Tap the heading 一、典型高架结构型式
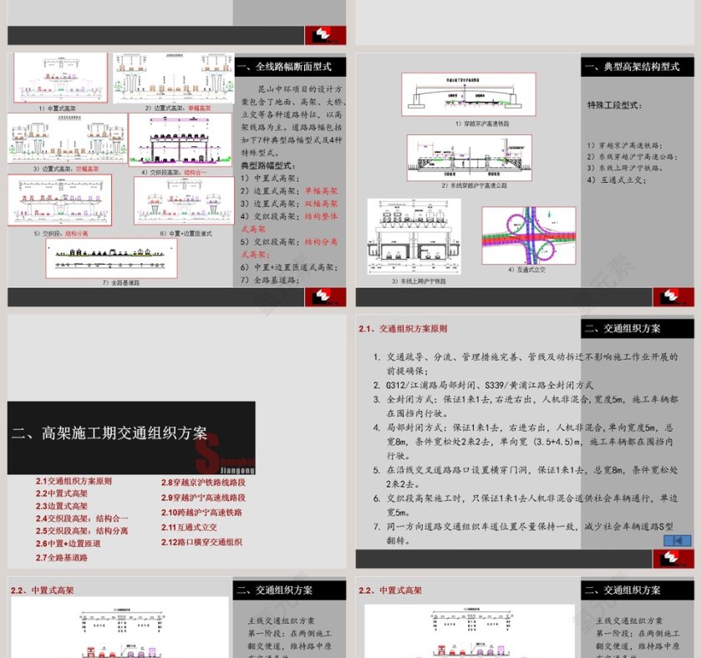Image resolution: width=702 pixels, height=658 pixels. click(632, 67)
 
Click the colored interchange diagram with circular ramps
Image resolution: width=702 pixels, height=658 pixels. click(528, 235)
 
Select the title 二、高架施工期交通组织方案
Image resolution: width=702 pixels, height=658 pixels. click(109, 433)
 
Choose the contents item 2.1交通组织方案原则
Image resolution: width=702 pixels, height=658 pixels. click(74, 481)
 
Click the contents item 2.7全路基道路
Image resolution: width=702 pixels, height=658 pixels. click(61, 557)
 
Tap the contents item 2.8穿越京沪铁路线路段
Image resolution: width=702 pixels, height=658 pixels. click(203, 483)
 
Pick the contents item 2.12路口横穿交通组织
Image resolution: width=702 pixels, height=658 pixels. click(201, 542)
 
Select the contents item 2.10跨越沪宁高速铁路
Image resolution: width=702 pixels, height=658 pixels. click(201, 513)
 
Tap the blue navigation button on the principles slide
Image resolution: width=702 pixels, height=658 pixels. click(677, 540)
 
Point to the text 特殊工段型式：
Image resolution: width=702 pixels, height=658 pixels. click(614, 106)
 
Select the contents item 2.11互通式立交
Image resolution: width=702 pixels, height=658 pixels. click(189, 528)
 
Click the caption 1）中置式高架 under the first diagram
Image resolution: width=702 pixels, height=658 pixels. click(57, 108)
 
